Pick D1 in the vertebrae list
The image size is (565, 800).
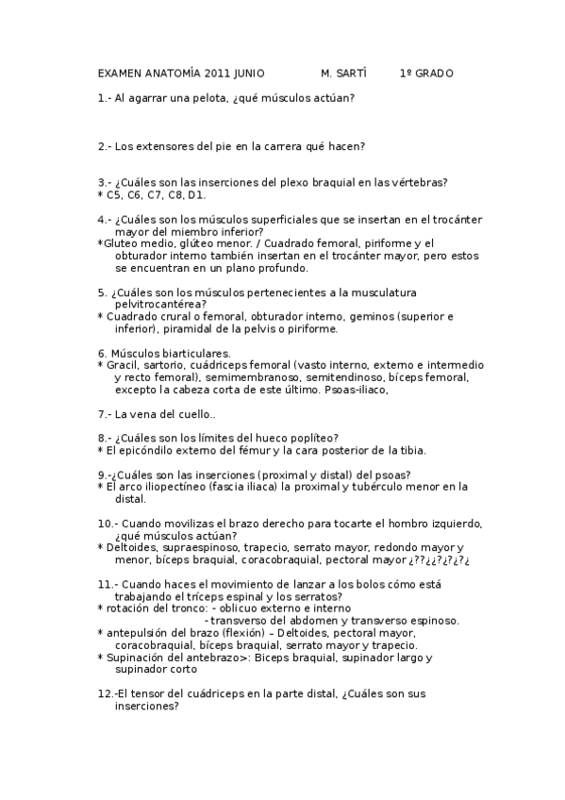coord(196,195)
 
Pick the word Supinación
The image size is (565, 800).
coord(137,658)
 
